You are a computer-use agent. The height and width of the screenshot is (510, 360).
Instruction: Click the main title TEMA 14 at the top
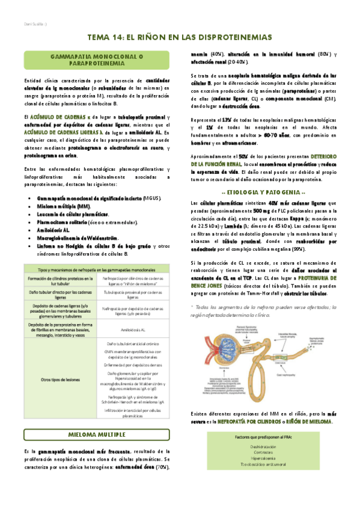pyautogui.click(x=180, y=37)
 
